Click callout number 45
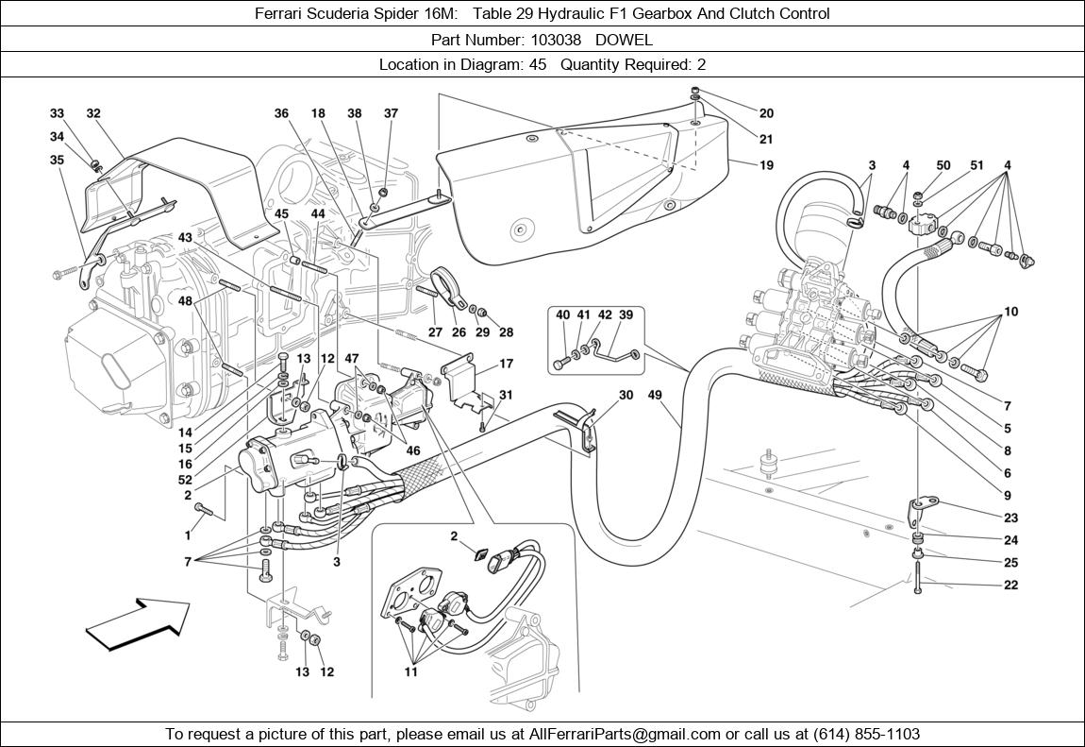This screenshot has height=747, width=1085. click(x=281, y=214)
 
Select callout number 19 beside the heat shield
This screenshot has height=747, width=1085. click(x=765, y=164)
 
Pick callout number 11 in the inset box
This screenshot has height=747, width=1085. click(x=409, y=672)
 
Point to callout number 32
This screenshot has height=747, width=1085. click(x=93, y=113)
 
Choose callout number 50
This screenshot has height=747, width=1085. click(x=943, y=165)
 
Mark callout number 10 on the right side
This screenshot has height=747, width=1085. click(x=1010, y=312)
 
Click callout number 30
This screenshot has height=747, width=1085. click(x=626, y=395)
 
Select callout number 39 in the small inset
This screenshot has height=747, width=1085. click(x=625, y=315)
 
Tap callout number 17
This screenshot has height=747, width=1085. click(x=506, y=364)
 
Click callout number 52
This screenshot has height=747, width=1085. click(x=185, y=480)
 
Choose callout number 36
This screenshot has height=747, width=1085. click(x=281, y=113)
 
